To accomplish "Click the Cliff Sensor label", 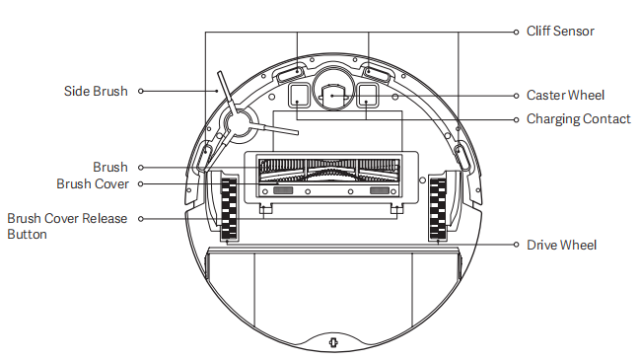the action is coord(560,31).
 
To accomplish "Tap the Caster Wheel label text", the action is coord(565,95).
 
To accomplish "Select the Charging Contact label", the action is coord(579,119).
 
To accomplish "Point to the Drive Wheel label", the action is coord(562,245).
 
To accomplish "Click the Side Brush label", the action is coord(96,91).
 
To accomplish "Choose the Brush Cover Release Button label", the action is coord(67,226).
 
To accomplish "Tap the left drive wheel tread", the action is coord(229,208).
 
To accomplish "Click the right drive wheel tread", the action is coord(438,208).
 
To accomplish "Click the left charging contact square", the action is coord(299,95).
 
